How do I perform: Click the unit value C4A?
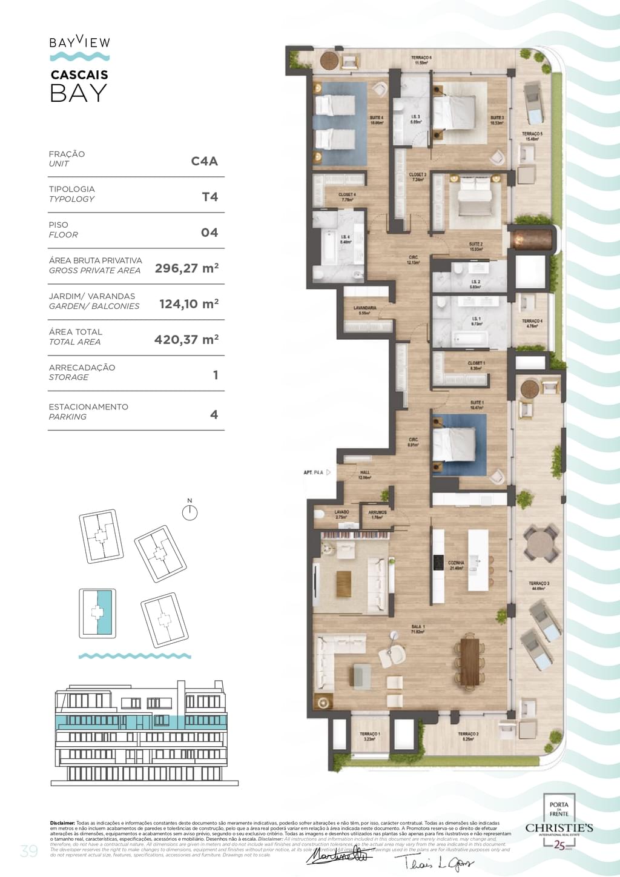point(204,161)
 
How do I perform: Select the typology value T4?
point(209,197)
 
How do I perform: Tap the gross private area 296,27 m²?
point(186,268)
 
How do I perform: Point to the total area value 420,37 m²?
point(186,340)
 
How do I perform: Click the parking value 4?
point(214,415)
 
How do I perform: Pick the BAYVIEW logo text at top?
point(79,42)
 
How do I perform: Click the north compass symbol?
point(190,512)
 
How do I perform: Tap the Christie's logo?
point(559,828)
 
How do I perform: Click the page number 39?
point(28,851)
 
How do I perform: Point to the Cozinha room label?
point(456,565)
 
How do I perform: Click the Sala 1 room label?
point(418,629)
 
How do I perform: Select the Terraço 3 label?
point(539,586)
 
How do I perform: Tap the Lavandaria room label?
point(364,310)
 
